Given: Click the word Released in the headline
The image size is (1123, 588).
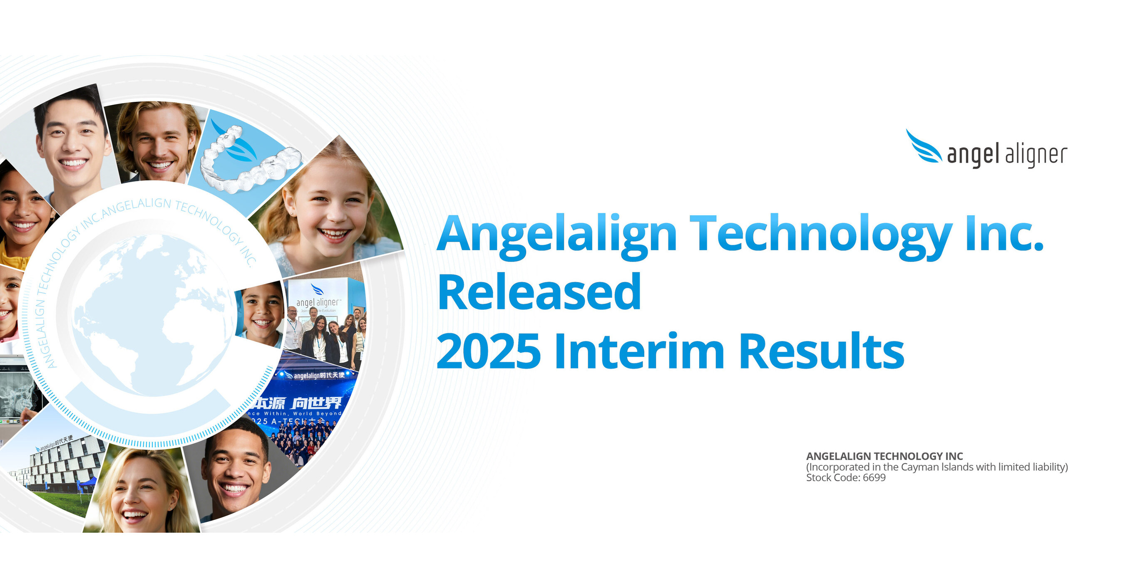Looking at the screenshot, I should coord(539,292).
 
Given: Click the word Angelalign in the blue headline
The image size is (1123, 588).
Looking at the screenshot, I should coord(556,235).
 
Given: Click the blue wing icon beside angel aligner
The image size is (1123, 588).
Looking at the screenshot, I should coord(923,147).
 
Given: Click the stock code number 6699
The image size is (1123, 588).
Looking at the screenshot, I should coord(874,478).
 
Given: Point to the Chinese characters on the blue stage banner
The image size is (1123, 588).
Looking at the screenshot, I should coord(301,403).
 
